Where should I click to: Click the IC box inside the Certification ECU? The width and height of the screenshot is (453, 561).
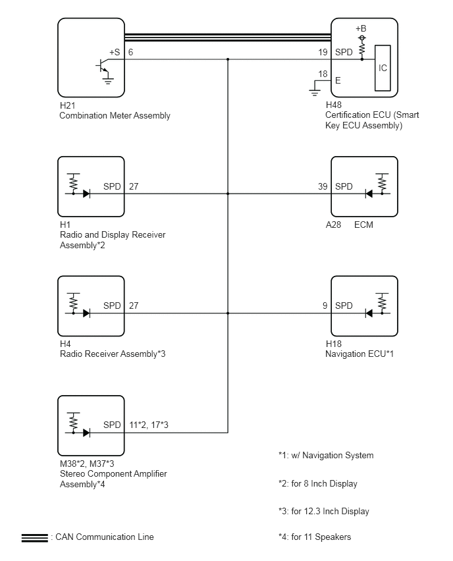point(383,68)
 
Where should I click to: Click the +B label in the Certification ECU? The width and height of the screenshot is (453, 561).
point(361,28)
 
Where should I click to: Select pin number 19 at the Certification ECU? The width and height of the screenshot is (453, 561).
point(323,52)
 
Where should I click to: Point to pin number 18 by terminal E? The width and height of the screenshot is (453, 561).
point(323,74)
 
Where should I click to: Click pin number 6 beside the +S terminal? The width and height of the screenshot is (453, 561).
point(130,52)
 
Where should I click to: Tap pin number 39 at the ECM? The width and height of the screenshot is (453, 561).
point(323,186)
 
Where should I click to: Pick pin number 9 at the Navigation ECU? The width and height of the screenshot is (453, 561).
point(325,306)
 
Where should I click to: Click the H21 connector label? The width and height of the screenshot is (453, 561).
point(68,105)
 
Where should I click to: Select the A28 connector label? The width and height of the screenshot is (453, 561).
point(333,225)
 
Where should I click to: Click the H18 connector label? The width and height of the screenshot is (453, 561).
point(333,344)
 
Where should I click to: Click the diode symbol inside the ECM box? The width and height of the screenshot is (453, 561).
point(369,194)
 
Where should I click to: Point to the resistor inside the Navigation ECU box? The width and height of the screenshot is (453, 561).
point(382,304)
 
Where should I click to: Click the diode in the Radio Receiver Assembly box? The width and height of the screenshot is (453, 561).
point(86,313)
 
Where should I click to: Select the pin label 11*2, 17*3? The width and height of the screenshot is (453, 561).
point(149,425)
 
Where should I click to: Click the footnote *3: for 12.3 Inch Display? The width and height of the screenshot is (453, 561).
point(323,511)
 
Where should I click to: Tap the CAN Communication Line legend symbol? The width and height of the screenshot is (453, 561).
point(35,538)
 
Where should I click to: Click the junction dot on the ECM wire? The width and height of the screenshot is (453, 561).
point(228,194)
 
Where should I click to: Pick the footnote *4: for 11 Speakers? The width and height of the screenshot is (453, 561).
point(315,537)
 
